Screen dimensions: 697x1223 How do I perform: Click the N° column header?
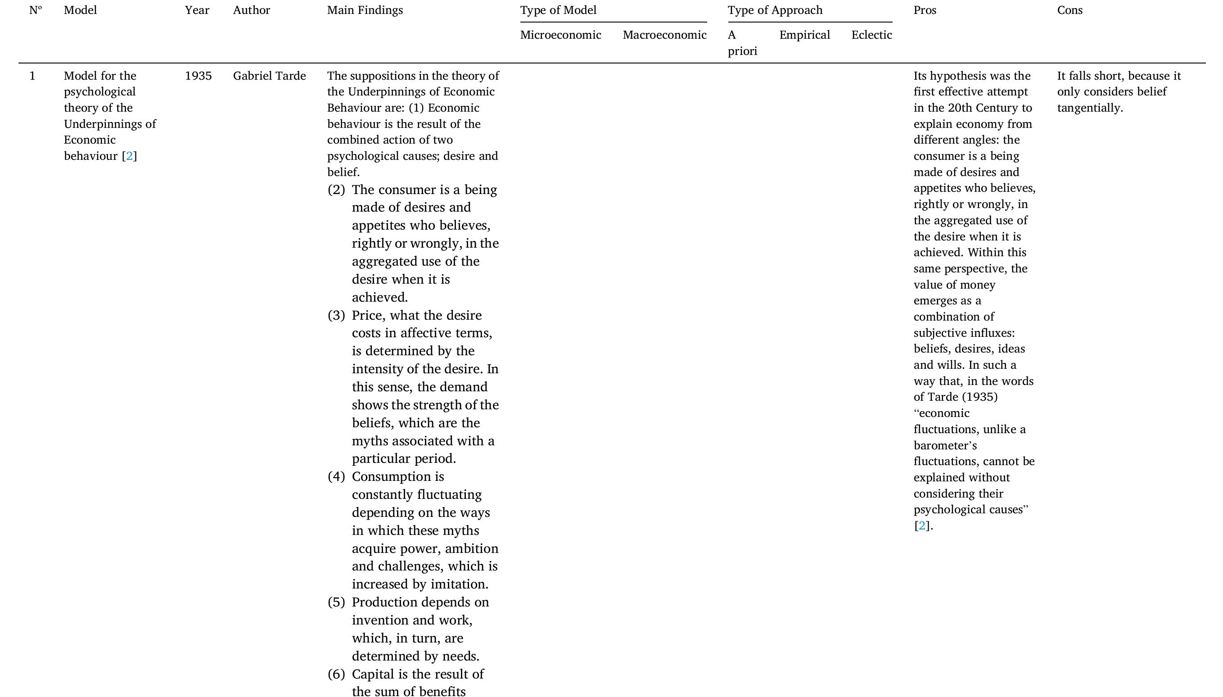[36, 10]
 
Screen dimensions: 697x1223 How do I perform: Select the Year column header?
[197, 10]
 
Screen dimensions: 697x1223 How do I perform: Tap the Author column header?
[251, 10]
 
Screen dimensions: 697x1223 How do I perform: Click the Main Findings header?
[365, 10]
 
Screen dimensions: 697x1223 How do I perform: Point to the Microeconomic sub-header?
[560, 35]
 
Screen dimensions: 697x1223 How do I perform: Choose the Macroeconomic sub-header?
[664, 35]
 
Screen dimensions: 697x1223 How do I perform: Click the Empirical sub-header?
[804, 35]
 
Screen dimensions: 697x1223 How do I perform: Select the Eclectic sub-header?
[871, 35]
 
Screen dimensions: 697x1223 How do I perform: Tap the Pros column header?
[925, 10]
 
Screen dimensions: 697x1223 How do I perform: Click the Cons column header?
[1070, 10]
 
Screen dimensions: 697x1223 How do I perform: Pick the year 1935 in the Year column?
[198, 76]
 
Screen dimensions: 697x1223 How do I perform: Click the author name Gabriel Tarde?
[269, 76]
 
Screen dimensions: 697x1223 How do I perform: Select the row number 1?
[32, 76]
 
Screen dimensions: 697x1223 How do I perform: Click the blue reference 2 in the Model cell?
[129, 156]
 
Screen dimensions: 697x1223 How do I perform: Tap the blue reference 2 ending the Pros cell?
[922, 525]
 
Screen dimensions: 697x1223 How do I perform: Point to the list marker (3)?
[336, 316]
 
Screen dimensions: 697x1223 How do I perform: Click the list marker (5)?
[336, 602]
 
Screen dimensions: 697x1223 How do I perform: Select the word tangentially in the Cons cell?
[1089, 108]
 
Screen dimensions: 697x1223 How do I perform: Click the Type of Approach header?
[775, 10]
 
